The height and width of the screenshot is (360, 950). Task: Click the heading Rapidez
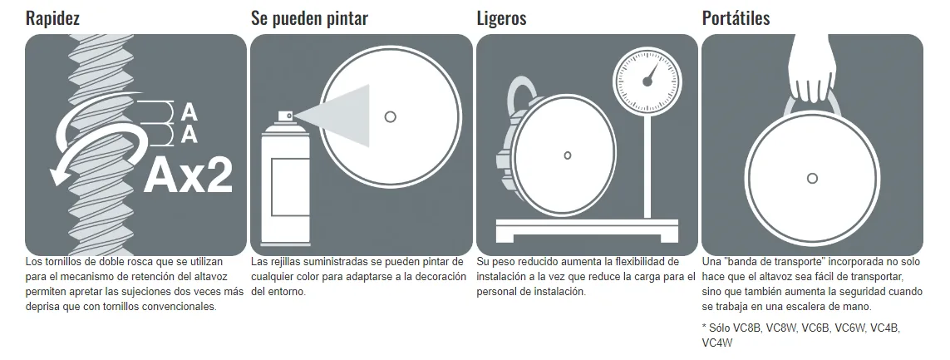coord(52,17)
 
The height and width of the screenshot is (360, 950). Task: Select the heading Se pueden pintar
coord(309,18)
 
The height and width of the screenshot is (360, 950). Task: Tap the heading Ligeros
coord(502,18)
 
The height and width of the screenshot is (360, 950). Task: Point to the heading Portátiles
coord(736,17)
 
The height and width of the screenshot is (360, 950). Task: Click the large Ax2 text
coord(189,174)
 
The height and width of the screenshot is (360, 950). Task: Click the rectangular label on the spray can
coord(289,186)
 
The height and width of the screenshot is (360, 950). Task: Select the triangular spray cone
coord(338,116)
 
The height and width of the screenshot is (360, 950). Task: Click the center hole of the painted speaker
coord(390,116)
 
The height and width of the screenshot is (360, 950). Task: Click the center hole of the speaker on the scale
coord(567,155)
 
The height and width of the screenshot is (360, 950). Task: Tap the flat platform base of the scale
coord(587,230)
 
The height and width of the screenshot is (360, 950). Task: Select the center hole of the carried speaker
coord(813,178)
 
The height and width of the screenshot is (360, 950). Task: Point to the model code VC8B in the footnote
coord(746,328)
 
